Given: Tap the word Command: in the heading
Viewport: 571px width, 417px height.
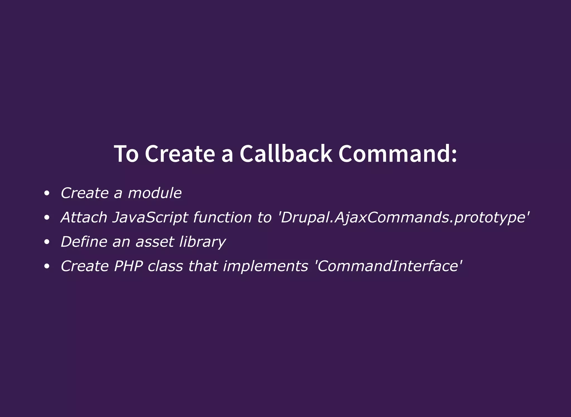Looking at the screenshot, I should [x=398, y=154].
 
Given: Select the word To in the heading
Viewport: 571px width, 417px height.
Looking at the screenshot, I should [x=126, y=154].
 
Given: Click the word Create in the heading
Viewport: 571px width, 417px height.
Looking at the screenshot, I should [x=180, y=154].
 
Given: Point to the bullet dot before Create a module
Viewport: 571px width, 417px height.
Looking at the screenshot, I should [x=47, y=193].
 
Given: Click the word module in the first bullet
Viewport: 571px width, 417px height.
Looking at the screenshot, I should [x=154, y=193].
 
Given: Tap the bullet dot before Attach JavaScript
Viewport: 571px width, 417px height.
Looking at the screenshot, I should [x=47, y=217].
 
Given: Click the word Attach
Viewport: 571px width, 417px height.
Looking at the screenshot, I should [x=84, y=217].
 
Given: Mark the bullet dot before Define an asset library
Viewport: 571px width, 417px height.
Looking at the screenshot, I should [x=47, y=242].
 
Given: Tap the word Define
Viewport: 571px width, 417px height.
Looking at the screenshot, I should [x=84, y=242].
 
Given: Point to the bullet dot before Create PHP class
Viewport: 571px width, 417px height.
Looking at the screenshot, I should [x=47, y=266].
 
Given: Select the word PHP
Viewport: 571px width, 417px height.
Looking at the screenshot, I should [x=129, y=266].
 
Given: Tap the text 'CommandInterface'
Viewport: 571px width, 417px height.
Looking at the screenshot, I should [x=388, y=266].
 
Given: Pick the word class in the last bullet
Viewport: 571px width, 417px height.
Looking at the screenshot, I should [x=165, y=266].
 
